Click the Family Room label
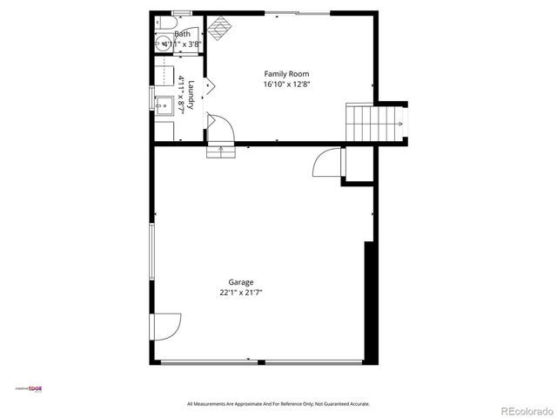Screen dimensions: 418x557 (286, 74)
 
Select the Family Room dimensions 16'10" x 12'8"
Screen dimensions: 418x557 (286, 84)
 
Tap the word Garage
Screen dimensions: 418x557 (241, 282)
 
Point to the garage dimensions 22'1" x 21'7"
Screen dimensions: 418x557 (241, 293)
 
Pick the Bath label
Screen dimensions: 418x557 (182, 34)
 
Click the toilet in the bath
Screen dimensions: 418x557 (164, 23)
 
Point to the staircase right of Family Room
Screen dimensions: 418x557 (376, 122)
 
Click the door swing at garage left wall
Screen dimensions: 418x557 (165, 327)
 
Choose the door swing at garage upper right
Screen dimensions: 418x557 (328, 163)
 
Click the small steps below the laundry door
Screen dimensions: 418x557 (220, 151)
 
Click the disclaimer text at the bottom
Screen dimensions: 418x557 (278, 404)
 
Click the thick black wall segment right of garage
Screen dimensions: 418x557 (370, 301)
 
